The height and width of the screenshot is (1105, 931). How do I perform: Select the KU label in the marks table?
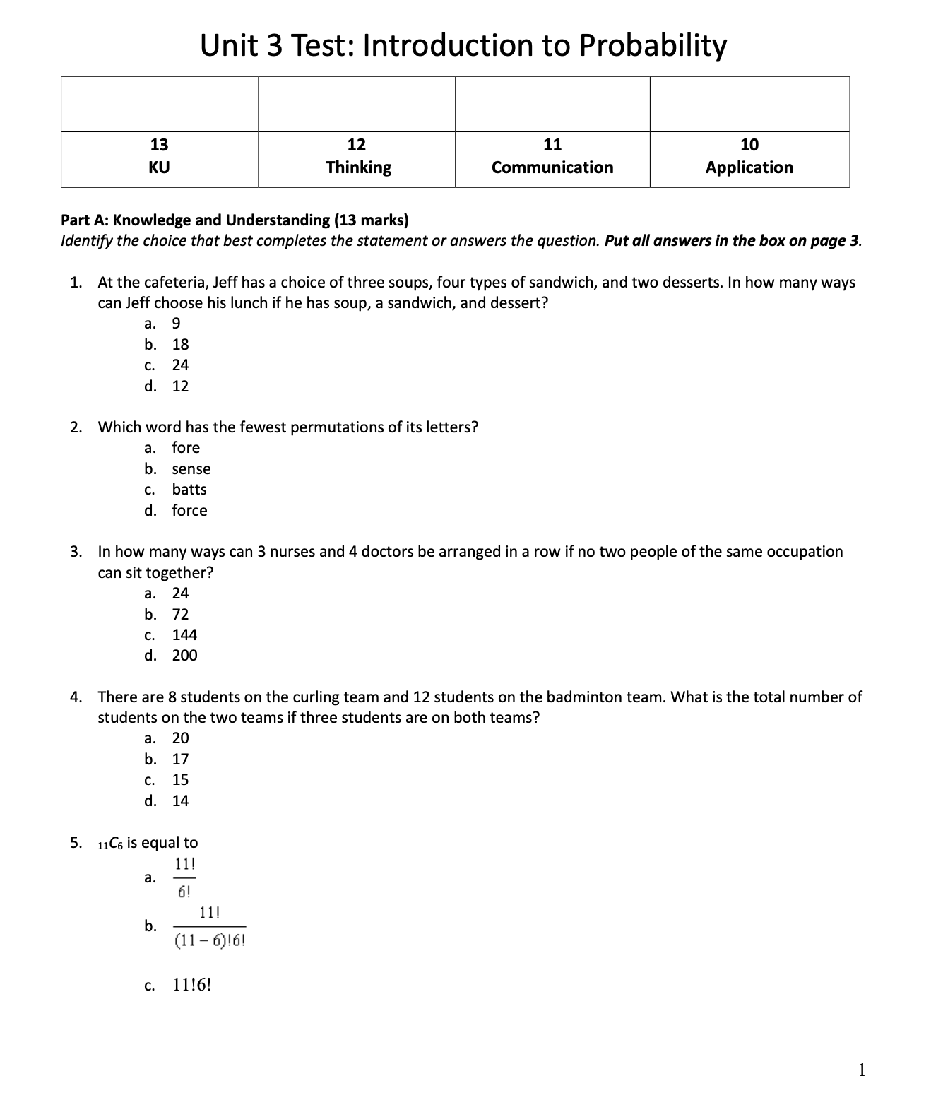[159, 167]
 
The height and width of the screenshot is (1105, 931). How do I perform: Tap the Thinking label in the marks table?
[358, 167]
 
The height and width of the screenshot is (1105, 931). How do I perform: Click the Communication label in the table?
[552, 167]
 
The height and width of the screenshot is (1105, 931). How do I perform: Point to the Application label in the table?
[749, 167]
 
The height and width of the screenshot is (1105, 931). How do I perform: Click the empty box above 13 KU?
[160, 105]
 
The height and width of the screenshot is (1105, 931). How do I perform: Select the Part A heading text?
[235, 220]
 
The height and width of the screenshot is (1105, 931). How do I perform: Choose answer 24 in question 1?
[180, 365]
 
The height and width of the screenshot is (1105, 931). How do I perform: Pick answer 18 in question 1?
[180, 345]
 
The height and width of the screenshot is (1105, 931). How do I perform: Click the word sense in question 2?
[191, 469]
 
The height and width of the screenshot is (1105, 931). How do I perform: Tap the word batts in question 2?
[189, 490]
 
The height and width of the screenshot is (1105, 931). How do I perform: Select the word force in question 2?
[189, 511]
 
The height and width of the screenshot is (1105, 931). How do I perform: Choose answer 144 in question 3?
[184, 635]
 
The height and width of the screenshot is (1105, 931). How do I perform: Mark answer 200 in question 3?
[184, 656]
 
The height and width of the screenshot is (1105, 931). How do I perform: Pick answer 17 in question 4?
[180, 760]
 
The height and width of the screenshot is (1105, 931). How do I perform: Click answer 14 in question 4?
[180, 801]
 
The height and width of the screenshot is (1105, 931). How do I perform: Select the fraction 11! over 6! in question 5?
[184, 877]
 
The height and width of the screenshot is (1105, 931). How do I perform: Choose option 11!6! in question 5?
[192, 986]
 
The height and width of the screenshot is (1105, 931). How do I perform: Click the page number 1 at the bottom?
[861, 1070]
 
